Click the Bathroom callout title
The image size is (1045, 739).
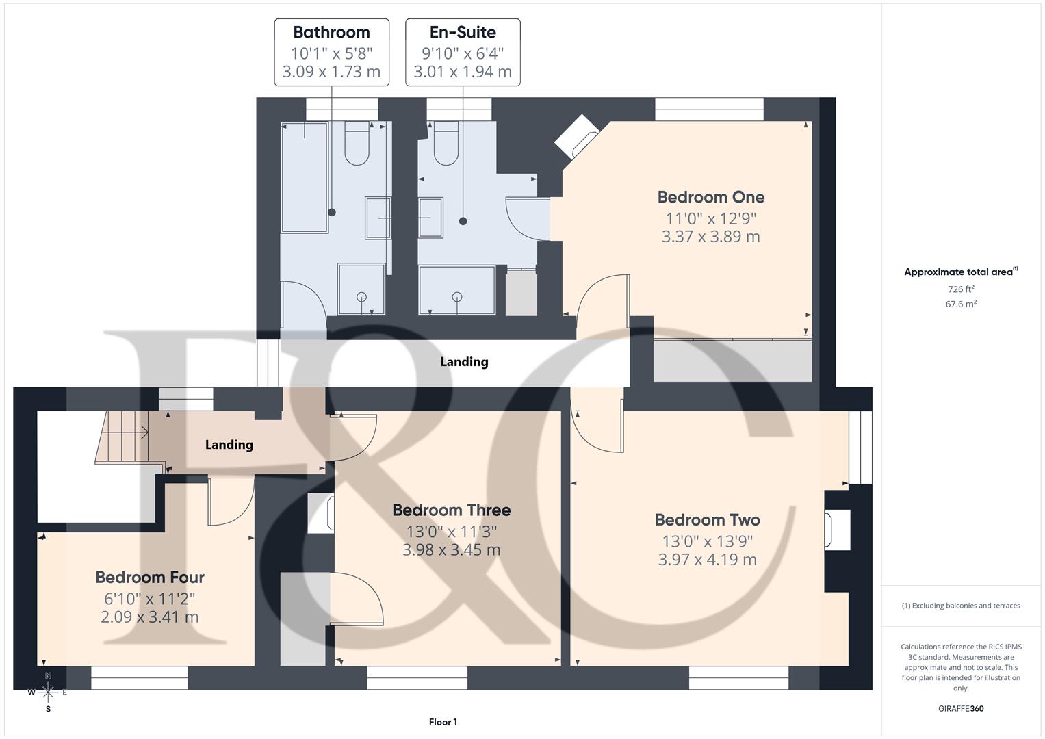coord(331,32)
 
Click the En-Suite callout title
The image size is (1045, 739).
coord(463,32)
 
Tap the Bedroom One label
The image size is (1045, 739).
coord(710,197)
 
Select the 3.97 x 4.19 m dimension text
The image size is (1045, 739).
coord(707,560)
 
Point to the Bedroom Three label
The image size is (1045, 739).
coord(451,510)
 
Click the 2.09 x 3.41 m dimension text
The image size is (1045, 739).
coord(149,617)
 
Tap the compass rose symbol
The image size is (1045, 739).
coord(48,692)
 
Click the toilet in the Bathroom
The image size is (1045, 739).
coord(357,143)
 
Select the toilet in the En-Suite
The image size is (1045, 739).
coord(446,144)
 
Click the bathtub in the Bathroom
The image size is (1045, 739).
coord(305,177)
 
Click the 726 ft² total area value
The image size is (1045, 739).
coord(961,289)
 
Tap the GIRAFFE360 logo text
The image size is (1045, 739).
coord(961,708)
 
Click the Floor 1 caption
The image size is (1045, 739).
coord(443,722)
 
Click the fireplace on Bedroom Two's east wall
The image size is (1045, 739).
coord(838,530)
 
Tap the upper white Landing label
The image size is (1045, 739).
coord(464,362)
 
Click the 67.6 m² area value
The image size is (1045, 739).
coord(961,304)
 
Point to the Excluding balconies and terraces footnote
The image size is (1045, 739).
coord(961,606)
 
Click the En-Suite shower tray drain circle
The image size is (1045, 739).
coord(456,296)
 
